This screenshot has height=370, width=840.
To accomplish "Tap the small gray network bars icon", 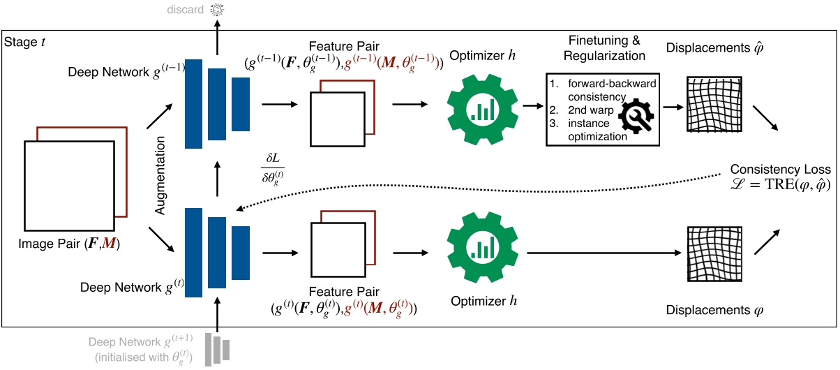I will [218, 348].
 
